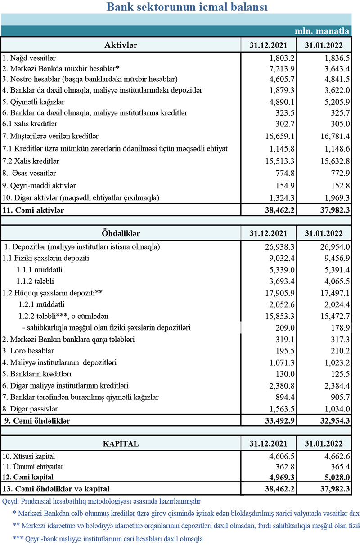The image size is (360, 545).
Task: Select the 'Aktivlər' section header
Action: [x=121, y=45]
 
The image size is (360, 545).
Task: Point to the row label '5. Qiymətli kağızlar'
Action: [x=31, y=101]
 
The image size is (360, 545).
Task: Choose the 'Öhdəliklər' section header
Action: [x=121, y=234]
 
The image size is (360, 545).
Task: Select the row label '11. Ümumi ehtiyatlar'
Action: [x=33, y=467]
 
